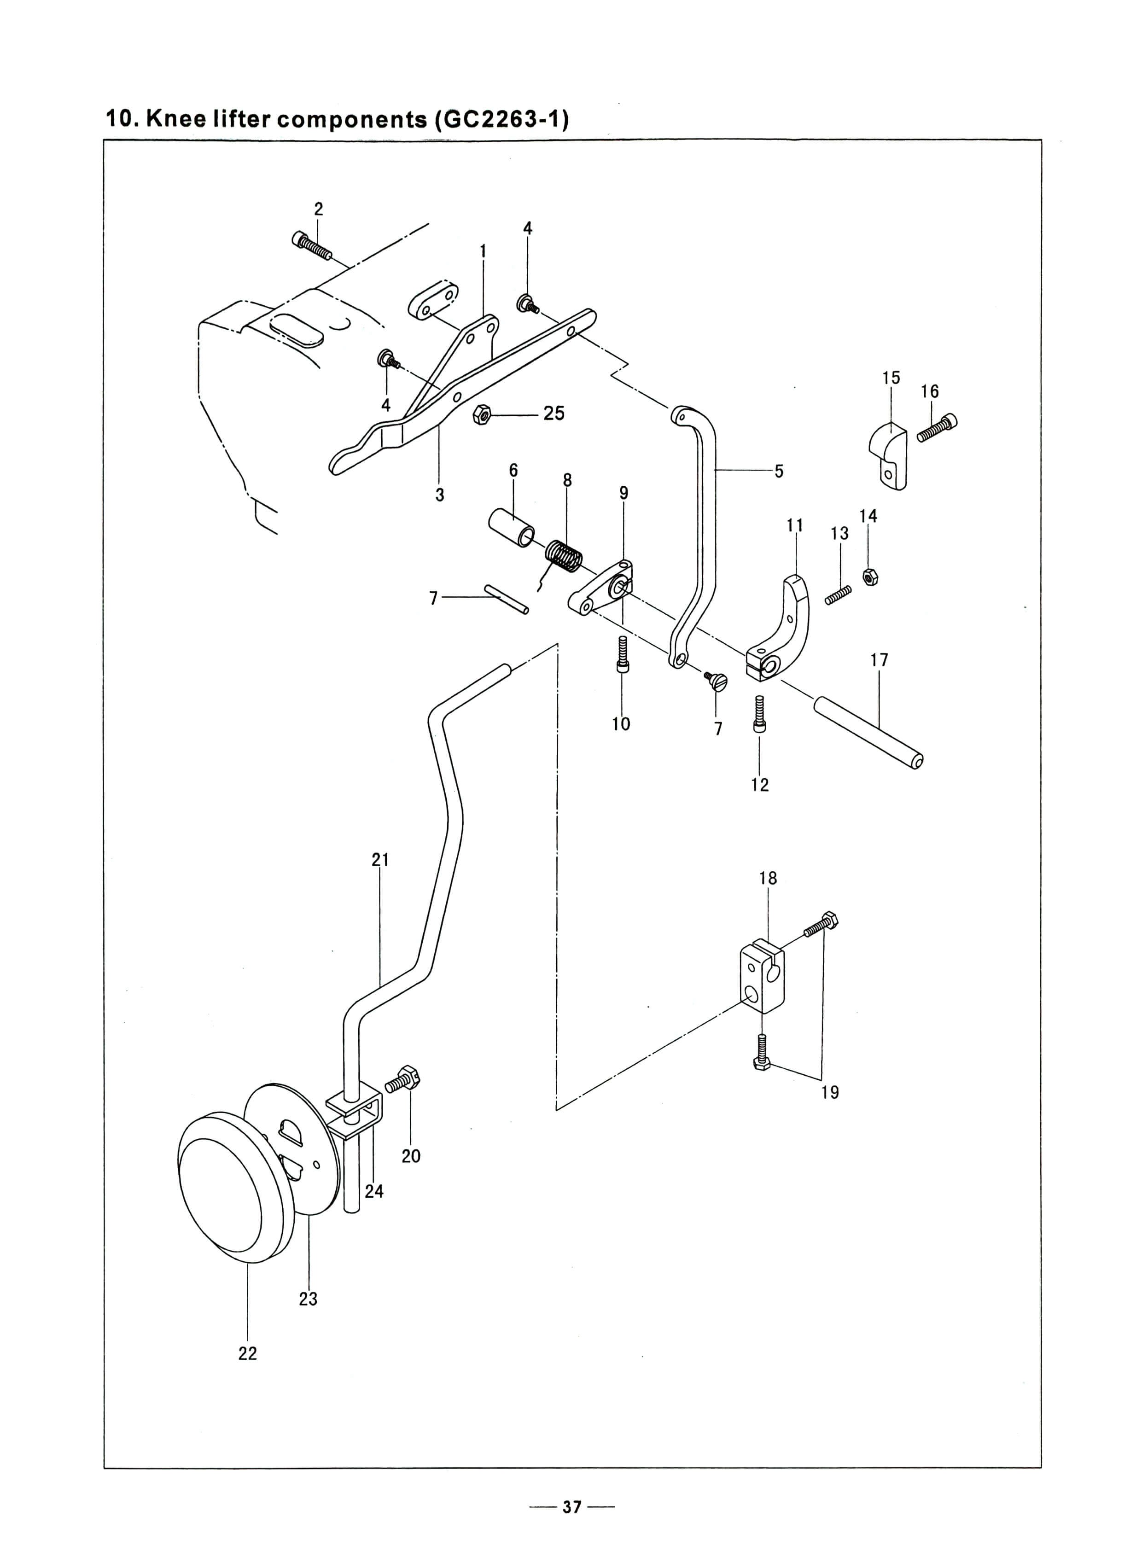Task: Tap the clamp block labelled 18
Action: pos(763,975)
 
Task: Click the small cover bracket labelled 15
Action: pos(888,455)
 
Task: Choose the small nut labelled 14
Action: pos(870,576)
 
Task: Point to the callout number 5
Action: pos(779,471)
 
